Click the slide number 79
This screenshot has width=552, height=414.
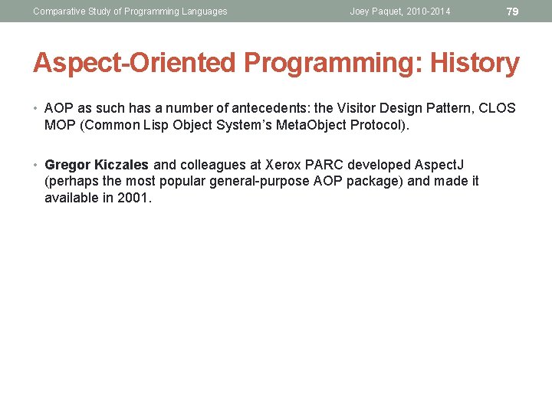pos(513,11)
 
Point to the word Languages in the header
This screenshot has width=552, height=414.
pos(202,11)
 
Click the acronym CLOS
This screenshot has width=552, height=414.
pos(498,108)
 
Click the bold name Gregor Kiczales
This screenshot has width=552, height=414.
pos(97,165)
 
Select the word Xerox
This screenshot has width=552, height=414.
pos(283,165)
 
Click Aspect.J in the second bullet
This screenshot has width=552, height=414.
pos(439,165)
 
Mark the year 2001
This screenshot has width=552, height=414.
pos(134,198)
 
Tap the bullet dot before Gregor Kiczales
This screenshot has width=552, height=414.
pos(37,165)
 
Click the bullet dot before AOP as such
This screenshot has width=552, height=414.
pos(37,108)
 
